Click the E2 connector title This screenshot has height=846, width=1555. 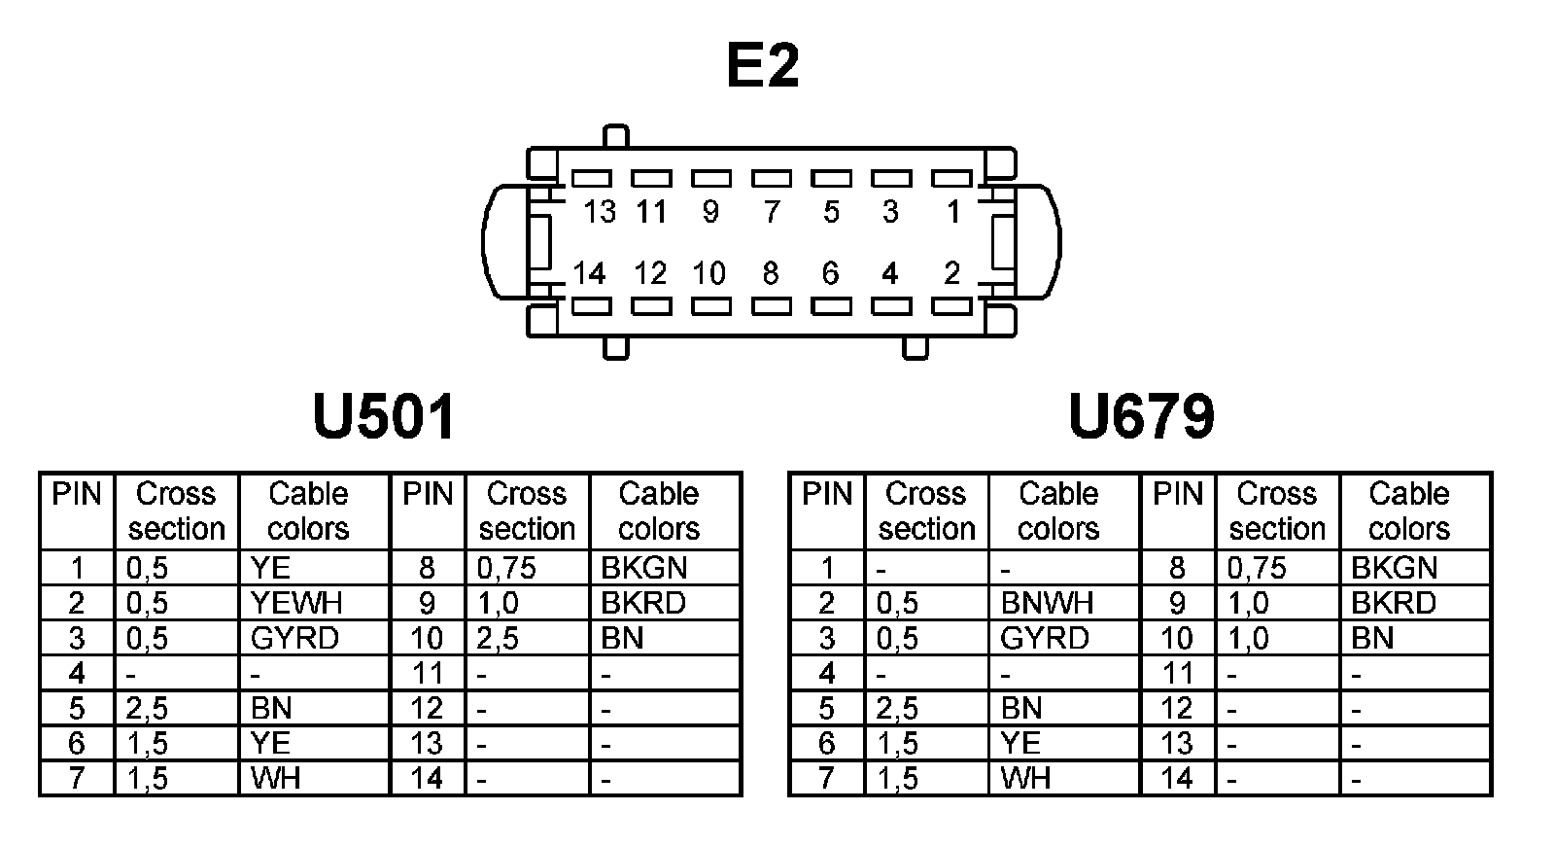[763, 66]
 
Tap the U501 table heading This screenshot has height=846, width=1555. [385, 417]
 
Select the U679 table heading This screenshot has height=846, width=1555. [1141, 417]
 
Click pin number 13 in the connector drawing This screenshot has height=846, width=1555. [600, 211]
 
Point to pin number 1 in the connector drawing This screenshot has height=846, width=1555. [953, 211]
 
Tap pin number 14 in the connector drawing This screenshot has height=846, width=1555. [589, 273]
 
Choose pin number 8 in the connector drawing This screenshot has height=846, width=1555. [771, 273]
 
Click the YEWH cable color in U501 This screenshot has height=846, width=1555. [295, 603]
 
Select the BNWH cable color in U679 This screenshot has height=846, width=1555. [1047, 603]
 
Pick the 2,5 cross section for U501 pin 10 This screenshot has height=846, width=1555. [498, 638]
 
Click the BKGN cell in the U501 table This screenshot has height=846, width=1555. [643, 568]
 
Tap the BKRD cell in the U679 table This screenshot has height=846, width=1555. [1393, 603]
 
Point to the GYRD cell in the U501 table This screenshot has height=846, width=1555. [294, 638]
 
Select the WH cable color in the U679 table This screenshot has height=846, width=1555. [1025, 778]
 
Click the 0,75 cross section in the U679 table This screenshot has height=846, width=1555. [1257, 568]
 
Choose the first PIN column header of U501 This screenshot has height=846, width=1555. [77, 494]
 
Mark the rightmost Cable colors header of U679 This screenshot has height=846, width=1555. [1408, 511]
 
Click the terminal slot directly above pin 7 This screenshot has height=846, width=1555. [772, 179]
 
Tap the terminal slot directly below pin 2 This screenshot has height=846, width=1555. [951, 306]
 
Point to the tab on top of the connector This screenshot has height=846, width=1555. [615, 136]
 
